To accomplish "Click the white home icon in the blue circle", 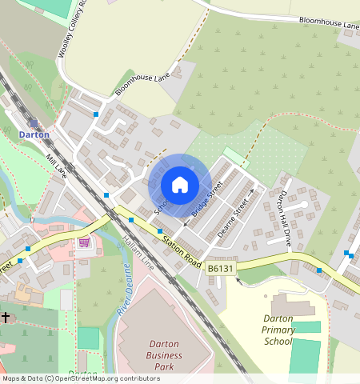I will [x=180, y=185].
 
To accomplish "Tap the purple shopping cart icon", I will [x=84, y=241].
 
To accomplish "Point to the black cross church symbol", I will [x=6, y=318].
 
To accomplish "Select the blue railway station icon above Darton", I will [x=34, y=122].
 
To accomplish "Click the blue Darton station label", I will [x=34, y=134].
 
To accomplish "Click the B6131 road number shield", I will [x=221, y=269].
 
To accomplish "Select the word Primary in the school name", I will [x=279, y=330].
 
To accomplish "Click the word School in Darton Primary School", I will [x=278, y=341].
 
